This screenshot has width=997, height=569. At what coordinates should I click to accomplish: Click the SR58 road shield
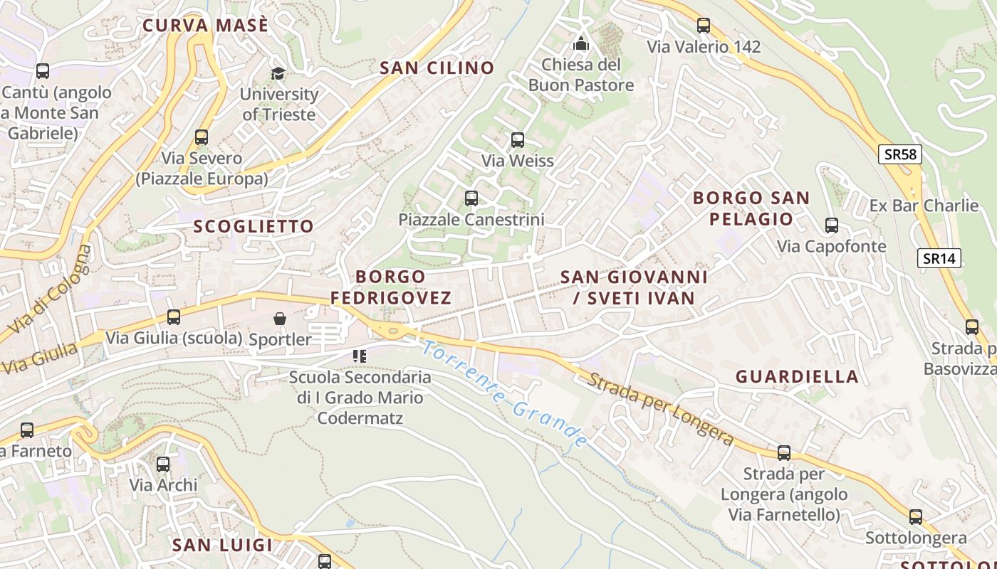point(900,154)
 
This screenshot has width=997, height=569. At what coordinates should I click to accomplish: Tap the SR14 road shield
point(939,258)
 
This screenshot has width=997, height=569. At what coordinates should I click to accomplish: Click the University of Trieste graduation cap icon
point(278,73)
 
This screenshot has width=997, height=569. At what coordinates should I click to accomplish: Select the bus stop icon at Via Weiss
point(518,140)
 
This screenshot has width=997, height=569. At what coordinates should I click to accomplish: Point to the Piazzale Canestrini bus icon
point(471,198)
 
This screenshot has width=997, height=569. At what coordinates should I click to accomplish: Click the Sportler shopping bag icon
point(280,319)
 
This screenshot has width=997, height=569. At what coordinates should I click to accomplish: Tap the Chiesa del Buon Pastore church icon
point(581,43)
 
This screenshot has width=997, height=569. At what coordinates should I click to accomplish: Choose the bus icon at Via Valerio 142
point(704,26)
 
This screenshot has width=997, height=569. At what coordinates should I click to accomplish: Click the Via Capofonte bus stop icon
point(831,225)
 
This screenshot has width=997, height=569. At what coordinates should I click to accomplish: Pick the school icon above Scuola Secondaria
point(360,356)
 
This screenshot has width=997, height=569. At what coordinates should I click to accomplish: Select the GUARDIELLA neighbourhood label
point(797,376)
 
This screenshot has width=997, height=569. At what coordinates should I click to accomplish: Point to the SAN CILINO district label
point(437,68)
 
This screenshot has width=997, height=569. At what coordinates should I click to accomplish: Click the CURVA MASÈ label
point(205,26)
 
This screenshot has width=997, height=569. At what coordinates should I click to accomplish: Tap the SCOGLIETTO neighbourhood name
point(254,226)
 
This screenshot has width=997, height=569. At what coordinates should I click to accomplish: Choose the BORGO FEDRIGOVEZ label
point(391,287)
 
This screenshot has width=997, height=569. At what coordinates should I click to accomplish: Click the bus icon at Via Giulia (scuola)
point(174,317)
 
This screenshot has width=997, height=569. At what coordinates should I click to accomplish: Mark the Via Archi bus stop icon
point(163,464)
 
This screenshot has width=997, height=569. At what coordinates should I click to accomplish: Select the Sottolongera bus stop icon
point(916,517)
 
